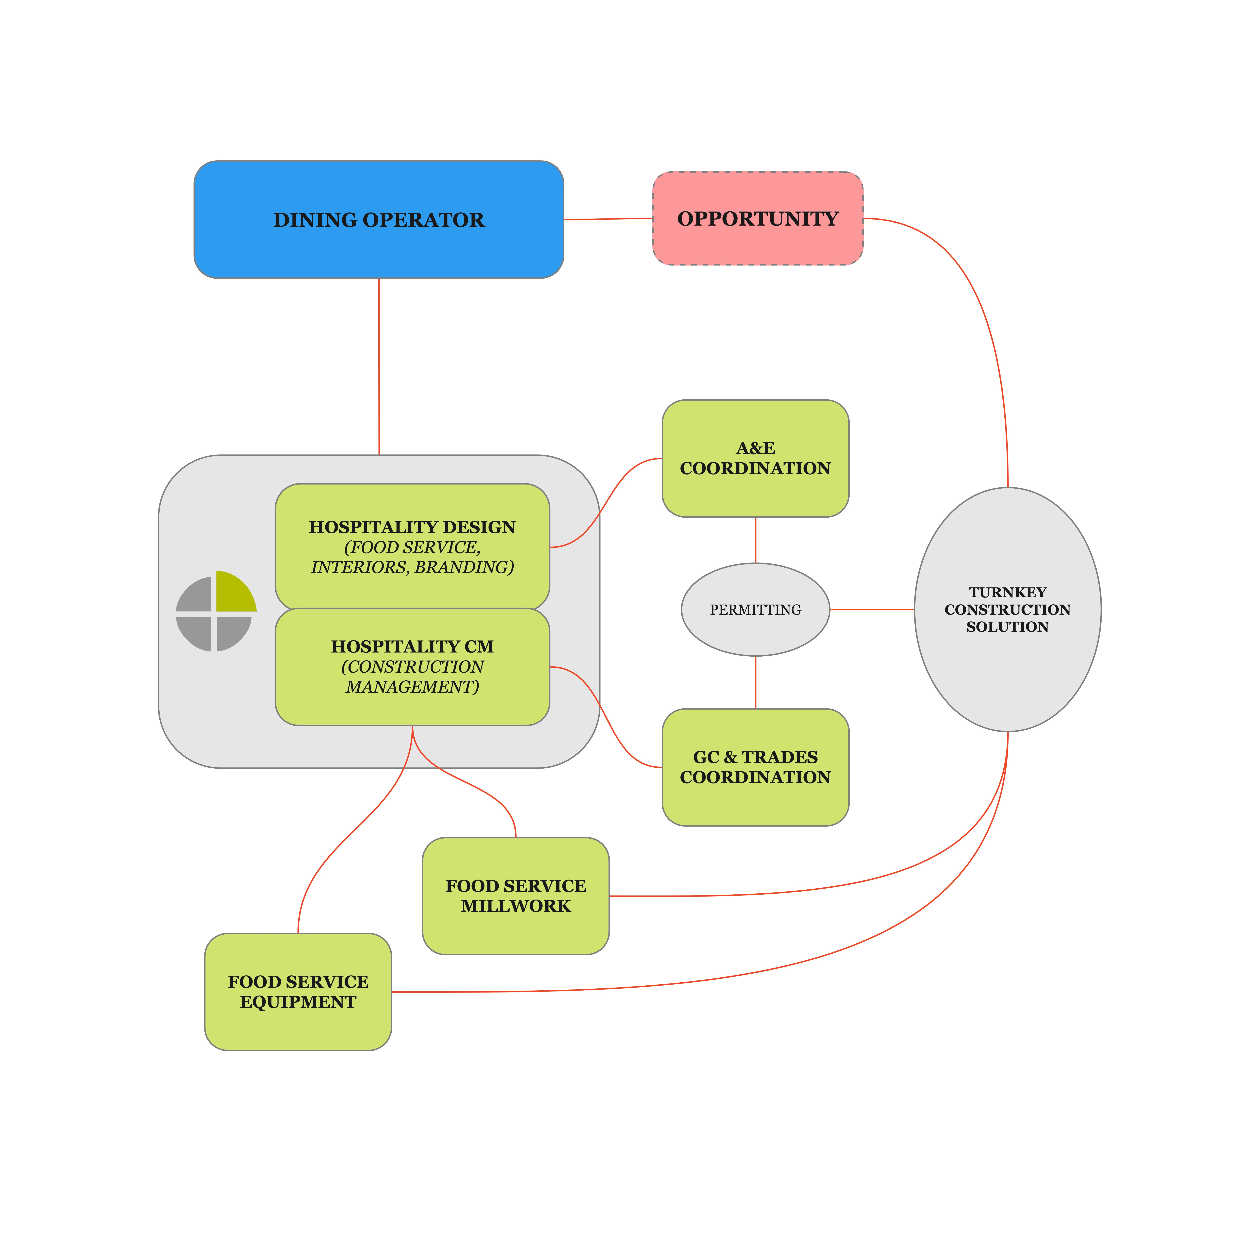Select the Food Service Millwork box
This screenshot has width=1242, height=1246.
pos(516,896)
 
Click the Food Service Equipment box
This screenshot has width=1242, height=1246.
pos(298,992)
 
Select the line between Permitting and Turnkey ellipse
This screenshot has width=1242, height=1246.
pos(872,609)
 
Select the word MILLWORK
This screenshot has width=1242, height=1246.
pos(516,906)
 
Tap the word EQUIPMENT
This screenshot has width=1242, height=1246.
pos(298,1002)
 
